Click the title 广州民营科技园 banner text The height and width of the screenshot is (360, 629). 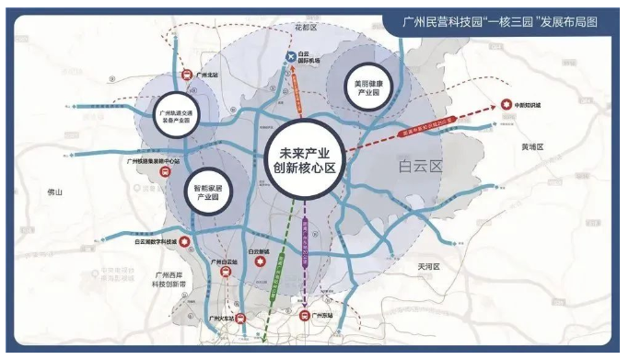point(505,21)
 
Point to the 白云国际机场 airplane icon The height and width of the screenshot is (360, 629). point(292,59)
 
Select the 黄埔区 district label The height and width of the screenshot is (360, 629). point(532,146)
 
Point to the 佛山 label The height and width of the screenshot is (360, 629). point(55,193)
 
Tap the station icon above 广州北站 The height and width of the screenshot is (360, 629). point(185,75)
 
